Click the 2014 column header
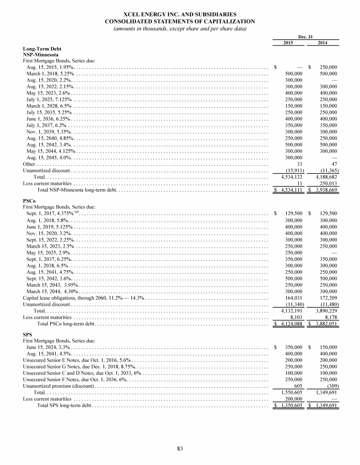322,43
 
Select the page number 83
180,449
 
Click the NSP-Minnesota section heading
41,54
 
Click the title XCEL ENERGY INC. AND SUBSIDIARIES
180,15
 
